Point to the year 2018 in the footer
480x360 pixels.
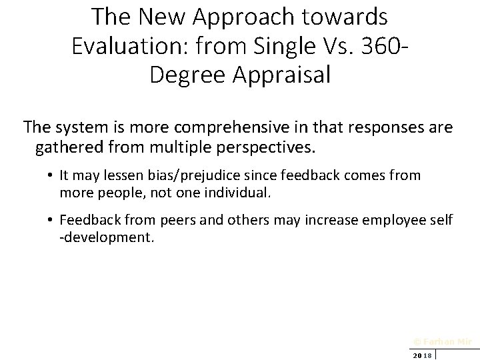(x=422, y=355)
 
